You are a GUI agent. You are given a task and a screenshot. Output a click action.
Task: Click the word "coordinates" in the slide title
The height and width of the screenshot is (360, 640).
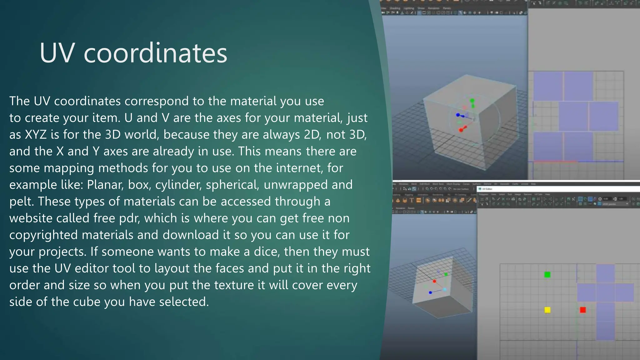(x=155, y=53)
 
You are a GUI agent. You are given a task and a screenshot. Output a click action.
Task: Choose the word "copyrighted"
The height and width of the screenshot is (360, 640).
(x=43, y=235)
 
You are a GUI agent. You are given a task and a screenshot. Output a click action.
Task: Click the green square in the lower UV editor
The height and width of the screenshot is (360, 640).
(x=547, y=275)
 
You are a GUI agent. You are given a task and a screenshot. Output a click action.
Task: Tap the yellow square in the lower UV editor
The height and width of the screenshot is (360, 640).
(x=547, y=310)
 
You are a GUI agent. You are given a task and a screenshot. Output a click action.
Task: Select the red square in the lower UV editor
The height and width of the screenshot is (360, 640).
(x=583, y=310)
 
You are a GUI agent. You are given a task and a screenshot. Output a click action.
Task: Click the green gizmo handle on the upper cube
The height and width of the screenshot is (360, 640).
(x=472, y=101)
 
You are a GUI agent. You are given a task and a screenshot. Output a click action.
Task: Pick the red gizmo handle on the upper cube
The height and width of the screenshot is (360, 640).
(x=461, y=130)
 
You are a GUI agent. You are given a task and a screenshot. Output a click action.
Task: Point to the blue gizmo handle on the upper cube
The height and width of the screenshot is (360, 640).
(x=458, y=115)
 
